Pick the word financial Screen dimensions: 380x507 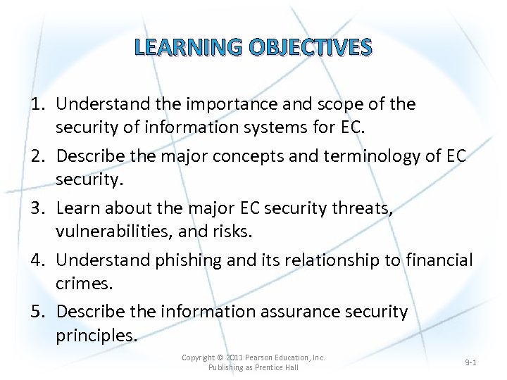pos(439,260)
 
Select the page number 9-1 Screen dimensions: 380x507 pos(471,362)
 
